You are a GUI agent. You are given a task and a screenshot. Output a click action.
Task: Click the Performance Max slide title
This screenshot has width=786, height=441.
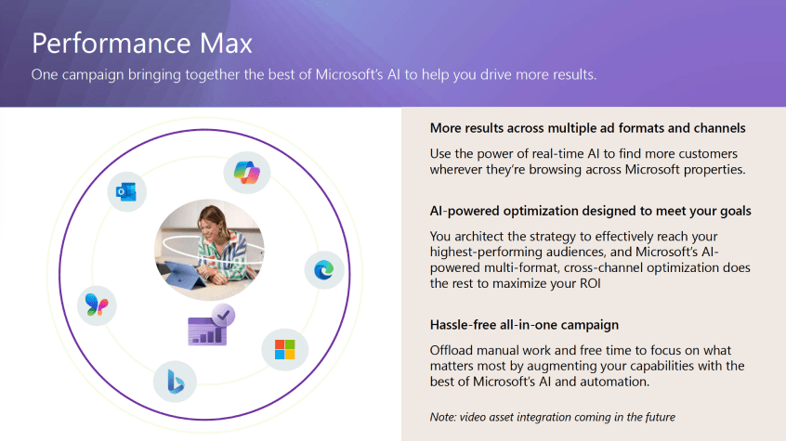[x=142, y=44]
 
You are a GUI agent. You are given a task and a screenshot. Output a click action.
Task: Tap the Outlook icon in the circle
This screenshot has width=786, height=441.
[x=126, y=191]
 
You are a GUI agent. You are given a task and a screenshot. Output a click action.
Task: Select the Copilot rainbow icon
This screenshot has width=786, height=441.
[x=246, y=173]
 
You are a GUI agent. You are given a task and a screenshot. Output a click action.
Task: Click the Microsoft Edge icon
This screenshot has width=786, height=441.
[x=324, y=270]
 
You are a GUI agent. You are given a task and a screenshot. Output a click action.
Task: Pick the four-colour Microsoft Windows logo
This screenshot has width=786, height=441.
[x=284, y=349]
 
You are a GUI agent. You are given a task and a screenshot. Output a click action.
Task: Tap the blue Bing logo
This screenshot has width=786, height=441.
[x=175, y=382]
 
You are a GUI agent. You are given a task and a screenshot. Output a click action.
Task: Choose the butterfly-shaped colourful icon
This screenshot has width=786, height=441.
[x=97, y=305]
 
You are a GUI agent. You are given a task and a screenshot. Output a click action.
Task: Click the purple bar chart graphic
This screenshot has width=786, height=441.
[x=207, y=331]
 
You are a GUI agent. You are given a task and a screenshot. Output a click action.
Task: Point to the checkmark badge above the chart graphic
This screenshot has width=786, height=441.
[x=224, y=315]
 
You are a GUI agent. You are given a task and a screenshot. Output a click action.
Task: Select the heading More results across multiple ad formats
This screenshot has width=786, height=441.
[x=587, y=128]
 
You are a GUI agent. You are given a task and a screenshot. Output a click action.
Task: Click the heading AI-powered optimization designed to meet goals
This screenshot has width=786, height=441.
[x=591, y=211]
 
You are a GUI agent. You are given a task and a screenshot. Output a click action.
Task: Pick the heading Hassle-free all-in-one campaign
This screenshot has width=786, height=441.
[x=524, y=325]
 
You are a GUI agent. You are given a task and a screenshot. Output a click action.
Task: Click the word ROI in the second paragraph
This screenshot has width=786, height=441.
[x=590, y=284]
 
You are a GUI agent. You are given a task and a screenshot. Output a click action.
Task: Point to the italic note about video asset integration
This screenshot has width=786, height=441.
[x=553, y=417]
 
